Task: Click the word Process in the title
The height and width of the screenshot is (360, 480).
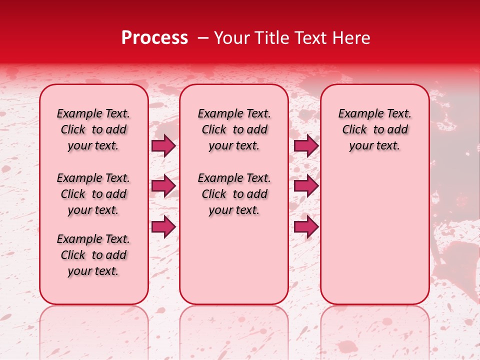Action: [154, 38]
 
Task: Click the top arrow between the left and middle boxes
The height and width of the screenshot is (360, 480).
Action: [163, 146]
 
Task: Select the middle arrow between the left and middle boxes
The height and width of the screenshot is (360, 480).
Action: [163, 186]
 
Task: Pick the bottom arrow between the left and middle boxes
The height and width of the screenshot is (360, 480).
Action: [163, 226]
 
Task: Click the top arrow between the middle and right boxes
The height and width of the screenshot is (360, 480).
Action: [305, 146]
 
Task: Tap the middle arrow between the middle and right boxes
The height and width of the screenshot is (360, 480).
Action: [305, 186]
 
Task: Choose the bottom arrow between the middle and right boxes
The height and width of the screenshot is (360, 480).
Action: [305, 226]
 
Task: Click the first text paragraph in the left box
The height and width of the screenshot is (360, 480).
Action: [93, 129]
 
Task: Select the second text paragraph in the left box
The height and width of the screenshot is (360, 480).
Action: [93, 194]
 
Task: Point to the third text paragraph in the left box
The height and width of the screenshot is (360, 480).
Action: [93, 255]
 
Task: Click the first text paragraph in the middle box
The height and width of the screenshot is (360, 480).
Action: [234, 129]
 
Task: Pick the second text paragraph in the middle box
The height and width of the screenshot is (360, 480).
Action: [234, 194]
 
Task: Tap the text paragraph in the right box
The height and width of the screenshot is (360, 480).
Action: [375, 129]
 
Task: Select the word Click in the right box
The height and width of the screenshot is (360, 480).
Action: [354, 130]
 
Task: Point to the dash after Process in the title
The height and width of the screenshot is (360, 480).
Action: [203, 38]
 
